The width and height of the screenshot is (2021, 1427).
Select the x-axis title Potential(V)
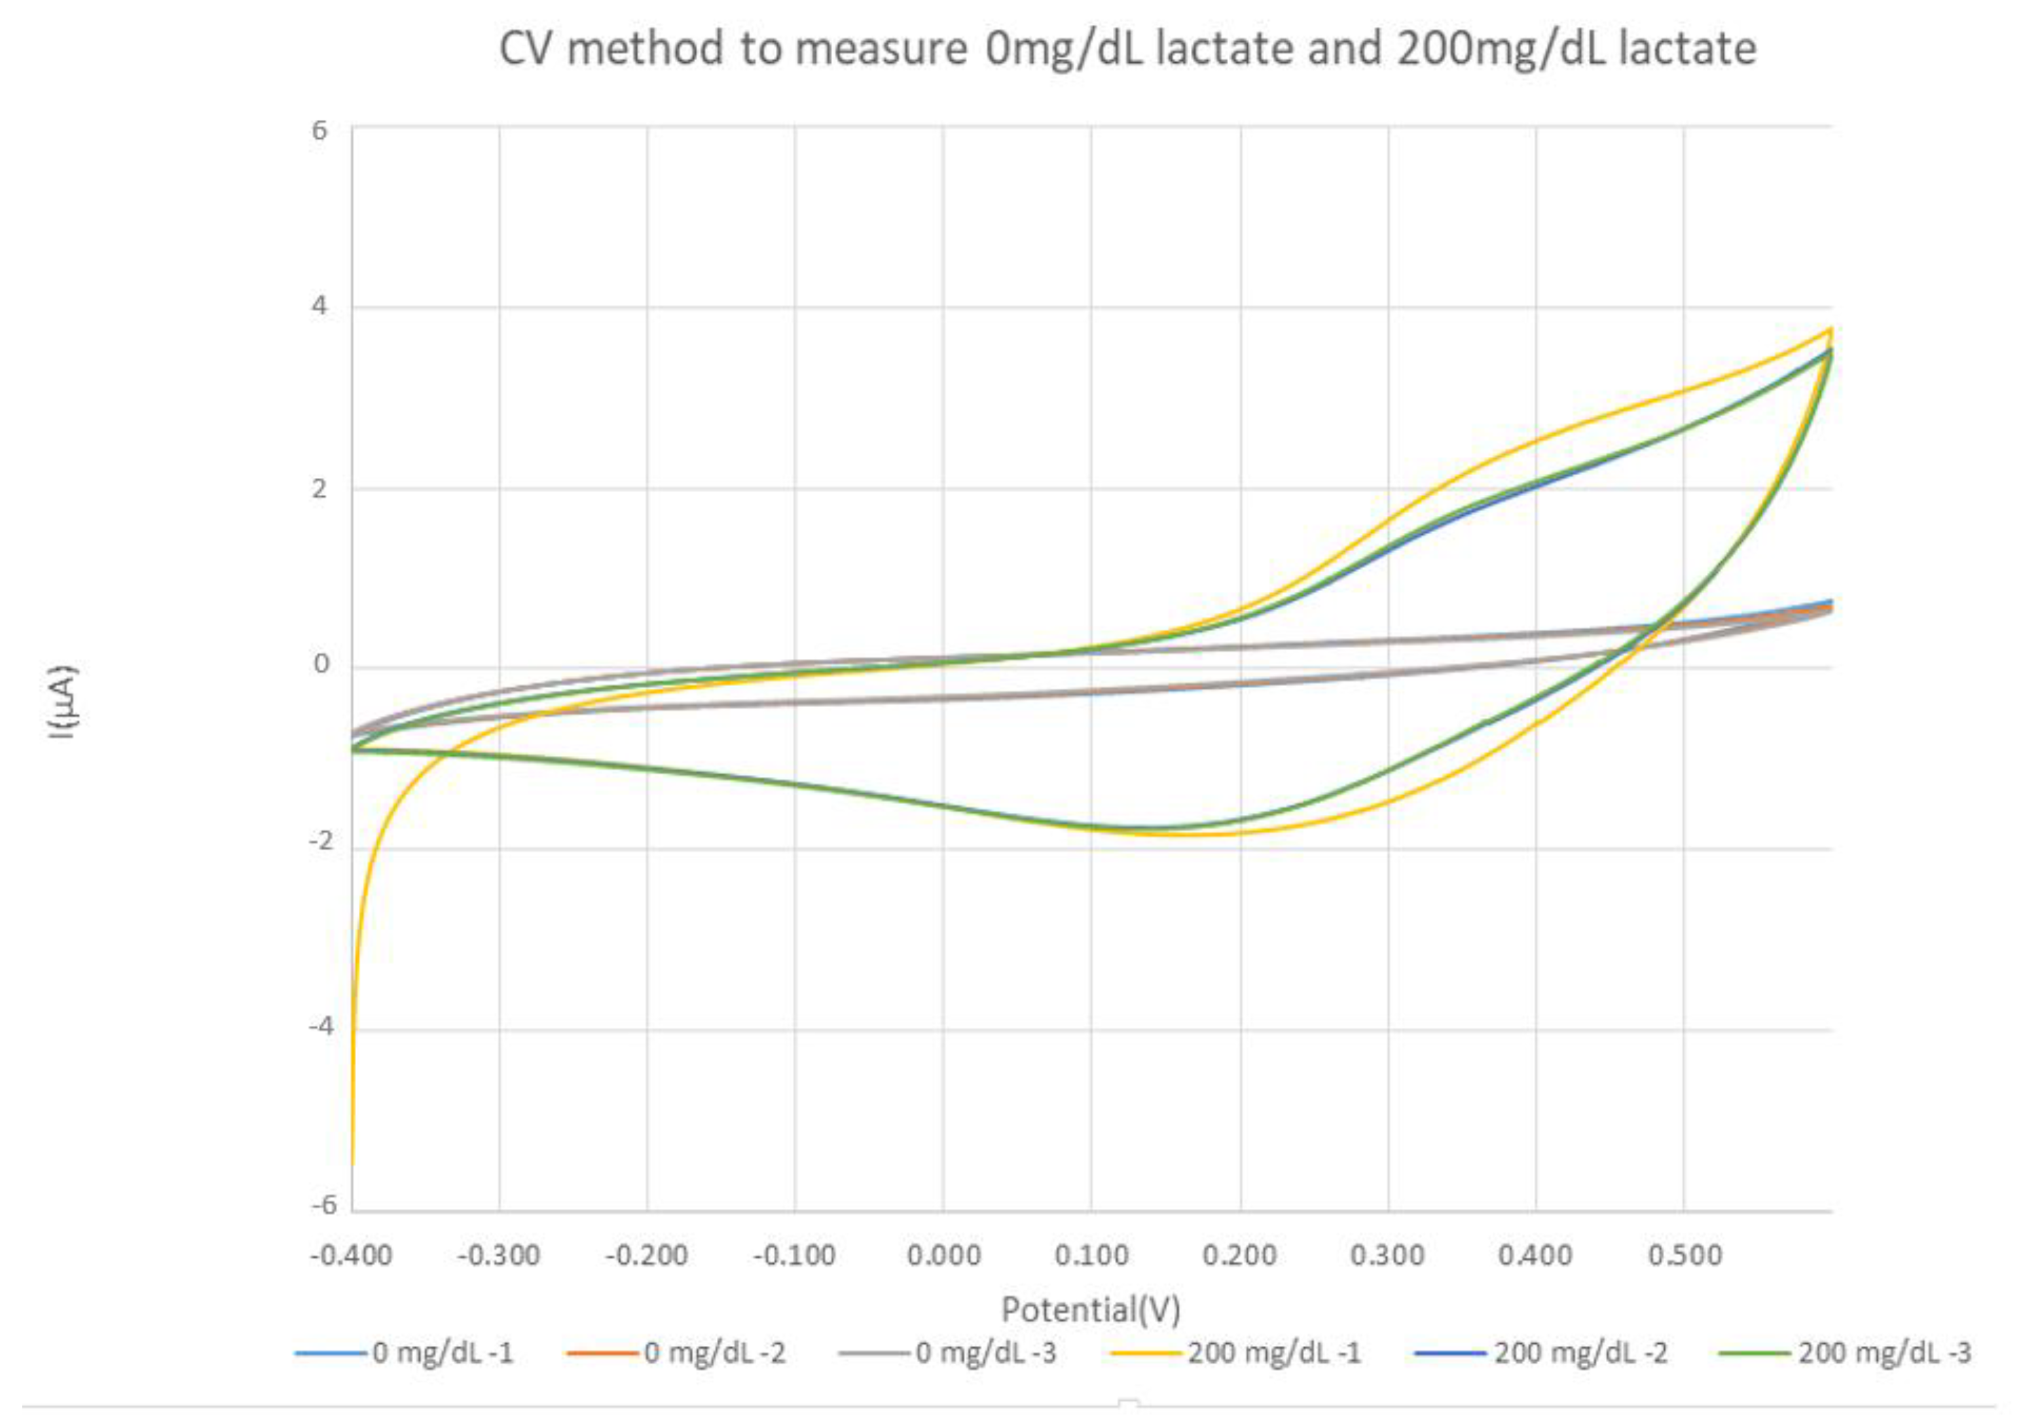point(1091,1310)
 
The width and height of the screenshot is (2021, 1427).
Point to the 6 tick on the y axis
point(319,130)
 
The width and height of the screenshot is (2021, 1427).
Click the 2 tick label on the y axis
point(319,488)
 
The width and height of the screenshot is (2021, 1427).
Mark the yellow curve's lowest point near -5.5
point(353,1163)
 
